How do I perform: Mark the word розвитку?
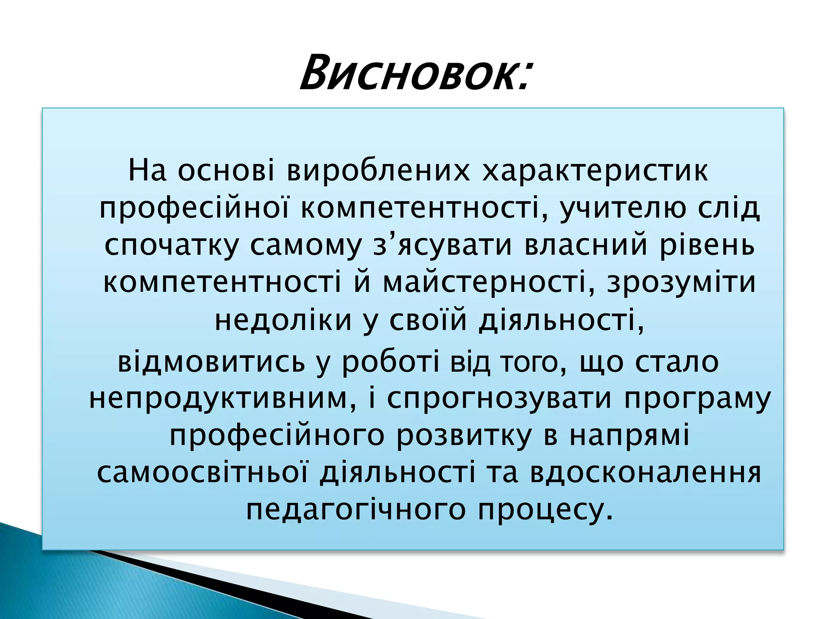(x=464, y=436)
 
